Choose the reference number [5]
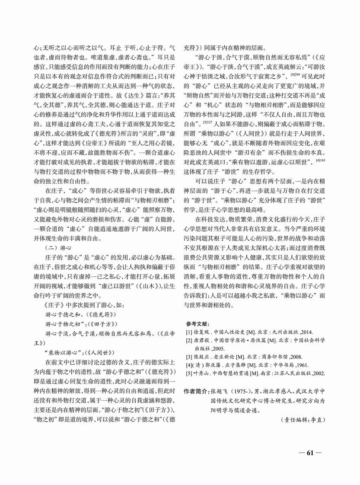(189, 372)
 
